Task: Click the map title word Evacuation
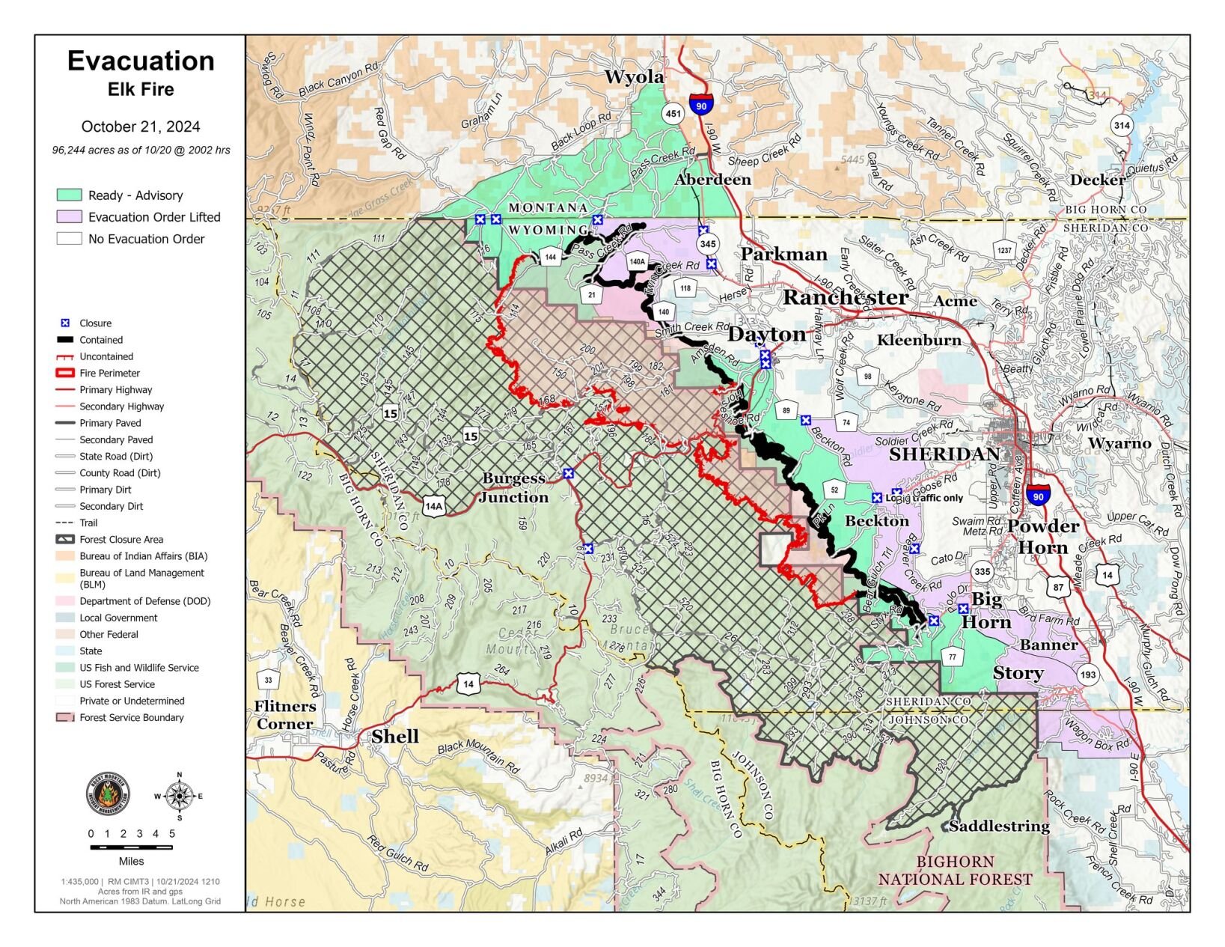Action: tap(141, 61)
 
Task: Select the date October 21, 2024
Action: tap(141, 127)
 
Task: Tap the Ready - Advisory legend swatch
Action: tap(69, 195)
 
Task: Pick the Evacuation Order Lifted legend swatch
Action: tap(69, 217)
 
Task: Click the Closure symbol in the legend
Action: tap(65, 323)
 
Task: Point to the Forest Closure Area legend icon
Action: tap(65, 539)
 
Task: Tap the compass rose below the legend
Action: tap(179, 796)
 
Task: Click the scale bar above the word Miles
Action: tap(131, 847)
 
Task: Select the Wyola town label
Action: tap(634, 76)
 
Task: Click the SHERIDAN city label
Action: tap(944, 454)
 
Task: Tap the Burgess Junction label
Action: tap(513, 487)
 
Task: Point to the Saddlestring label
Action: tap(999, 826)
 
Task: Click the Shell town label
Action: tap(395, 736)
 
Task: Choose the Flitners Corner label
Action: tap(284, 715)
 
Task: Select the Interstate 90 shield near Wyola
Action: tap(701, 103)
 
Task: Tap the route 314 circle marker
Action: tap(1121, 125)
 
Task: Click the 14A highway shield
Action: tap(433, 505)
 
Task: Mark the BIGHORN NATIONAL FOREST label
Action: tap(955, 871)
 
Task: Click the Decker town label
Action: tap(1097, 180)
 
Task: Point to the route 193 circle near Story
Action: tap(1087, 675)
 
